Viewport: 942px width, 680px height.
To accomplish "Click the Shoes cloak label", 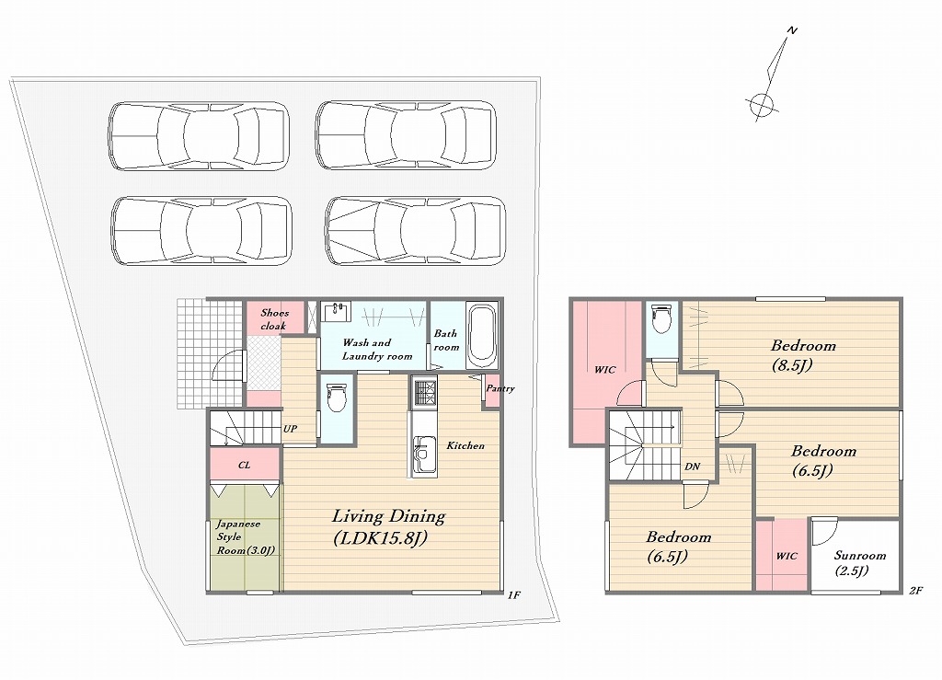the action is (274, 319).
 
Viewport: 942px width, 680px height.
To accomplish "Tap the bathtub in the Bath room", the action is (482, 336).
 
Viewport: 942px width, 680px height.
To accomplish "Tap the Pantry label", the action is (500, 388).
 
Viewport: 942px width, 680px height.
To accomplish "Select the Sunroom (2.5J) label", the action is (859, 563).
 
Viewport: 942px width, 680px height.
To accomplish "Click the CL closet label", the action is (244, 465).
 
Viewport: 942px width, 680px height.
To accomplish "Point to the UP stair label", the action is (290, 429).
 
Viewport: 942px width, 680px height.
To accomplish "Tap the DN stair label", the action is (692, 467).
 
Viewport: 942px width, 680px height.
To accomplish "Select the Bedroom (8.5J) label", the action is (802, 355).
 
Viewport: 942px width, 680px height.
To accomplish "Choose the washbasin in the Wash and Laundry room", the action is (336, 312).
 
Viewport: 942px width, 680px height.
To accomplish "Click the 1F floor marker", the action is (513, 595).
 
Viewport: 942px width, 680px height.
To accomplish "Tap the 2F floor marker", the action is (915, 591).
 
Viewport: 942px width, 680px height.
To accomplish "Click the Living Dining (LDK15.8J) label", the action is (389, 527).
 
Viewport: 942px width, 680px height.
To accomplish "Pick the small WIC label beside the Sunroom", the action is (787, 557).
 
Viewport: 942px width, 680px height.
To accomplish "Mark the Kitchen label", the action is (465, 445).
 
